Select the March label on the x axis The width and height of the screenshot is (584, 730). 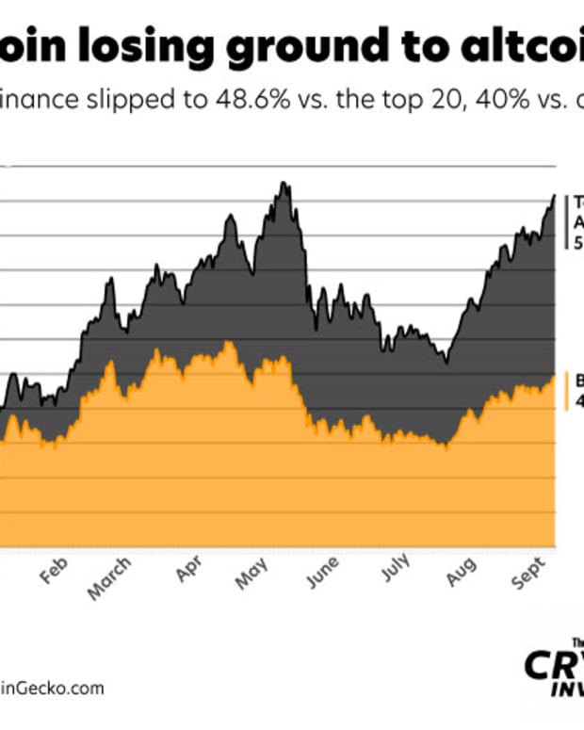(110, 579)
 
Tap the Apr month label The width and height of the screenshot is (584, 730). (187, 575)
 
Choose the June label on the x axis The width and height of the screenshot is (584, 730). (322, 576)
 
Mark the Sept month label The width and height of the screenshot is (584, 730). (525, 576)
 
